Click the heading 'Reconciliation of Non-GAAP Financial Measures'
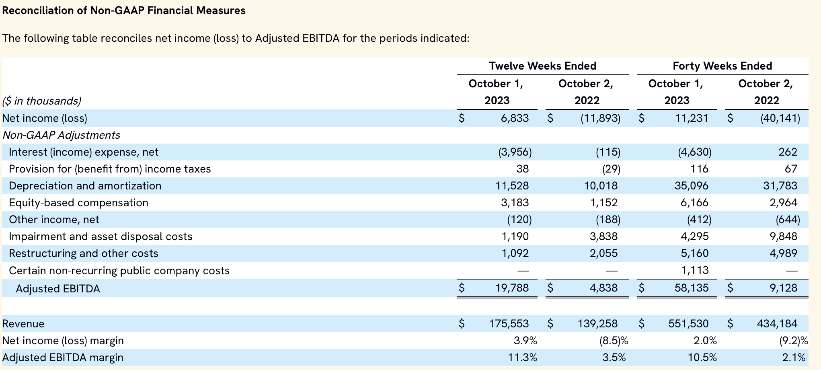[124, 10]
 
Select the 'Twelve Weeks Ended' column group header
[542, 66]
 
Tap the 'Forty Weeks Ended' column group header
[722, 66]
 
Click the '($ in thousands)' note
[42, 101]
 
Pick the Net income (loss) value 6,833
[515, 118]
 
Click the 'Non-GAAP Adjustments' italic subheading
[62, 135]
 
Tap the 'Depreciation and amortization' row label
[85, 186]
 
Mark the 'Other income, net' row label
[54, 220]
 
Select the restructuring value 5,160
[694, 253]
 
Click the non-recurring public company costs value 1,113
[695, 270]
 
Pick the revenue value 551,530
[688, 324]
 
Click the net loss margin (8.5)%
[614, 341]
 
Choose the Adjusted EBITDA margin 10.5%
[702, 358]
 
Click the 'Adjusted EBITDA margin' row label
[63, 358]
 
